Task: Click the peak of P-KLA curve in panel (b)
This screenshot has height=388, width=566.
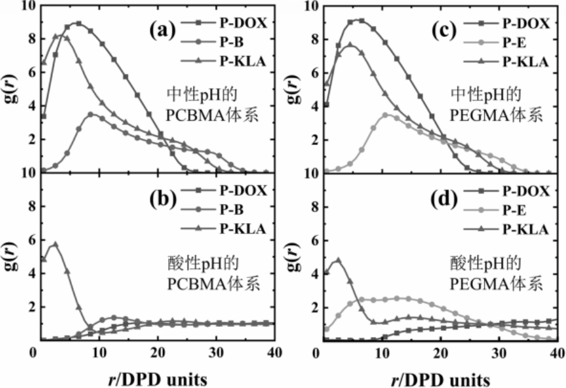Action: [55, 244]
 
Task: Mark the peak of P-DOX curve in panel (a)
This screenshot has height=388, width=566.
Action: [78, 23]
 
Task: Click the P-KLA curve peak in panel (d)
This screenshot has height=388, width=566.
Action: [338, 260]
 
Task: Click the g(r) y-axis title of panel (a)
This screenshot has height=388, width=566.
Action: [11, 88]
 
